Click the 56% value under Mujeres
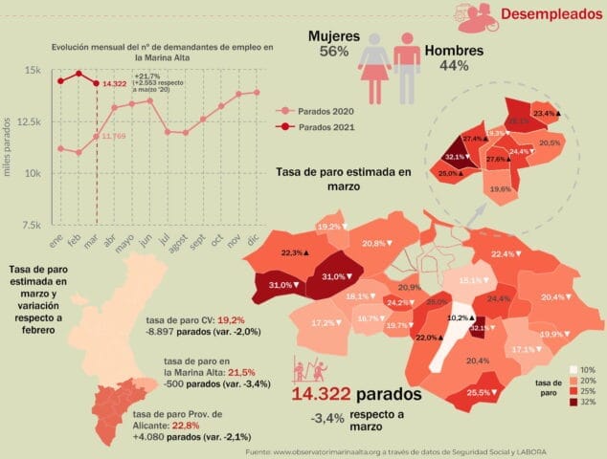326,53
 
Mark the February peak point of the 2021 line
79,73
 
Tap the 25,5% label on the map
481,393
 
